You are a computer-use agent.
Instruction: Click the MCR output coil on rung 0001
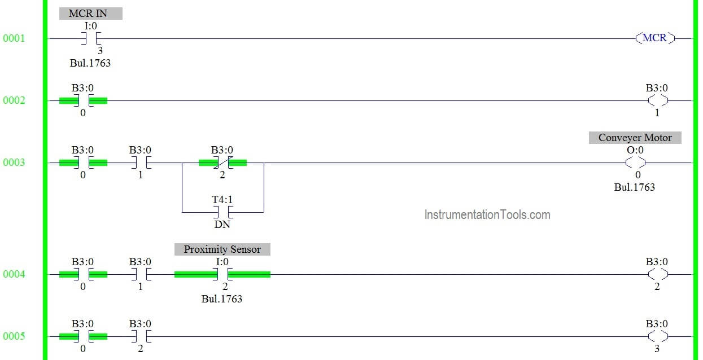(654, 38)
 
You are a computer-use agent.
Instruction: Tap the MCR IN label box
(91, 14)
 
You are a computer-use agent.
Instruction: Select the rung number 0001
(14, 38)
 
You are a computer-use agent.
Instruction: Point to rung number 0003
(14, 163)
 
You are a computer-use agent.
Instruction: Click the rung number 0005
(14, 336)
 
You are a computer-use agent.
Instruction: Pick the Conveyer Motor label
(635, 138)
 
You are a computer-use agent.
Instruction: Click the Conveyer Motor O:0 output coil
(635, 163)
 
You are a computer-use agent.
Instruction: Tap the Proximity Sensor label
(222, 249)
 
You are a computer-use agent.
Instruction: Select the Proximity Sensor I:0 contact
(222, 274)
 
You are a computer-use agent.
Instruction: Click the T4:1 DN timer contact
(222, 212)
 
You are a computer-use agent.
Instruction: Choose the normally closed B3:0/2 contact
(222, 163)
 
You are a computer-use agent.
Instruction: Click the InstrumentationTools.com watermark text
(487, 215)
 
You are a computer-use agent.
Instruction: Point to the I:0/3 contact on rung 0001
(91, 38)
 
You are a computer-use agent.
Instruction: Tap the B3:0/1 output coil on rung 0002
(658, 100)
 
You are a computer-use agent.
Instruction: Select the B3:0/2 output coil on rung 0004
(658, 274)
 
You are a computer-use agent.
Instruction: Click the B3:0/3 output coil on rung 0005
(658, 336)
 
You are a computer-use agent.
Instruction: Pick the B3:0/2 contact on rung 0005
(141, 336)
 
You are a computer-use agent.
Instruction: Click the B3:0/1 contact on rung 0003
(141, 163)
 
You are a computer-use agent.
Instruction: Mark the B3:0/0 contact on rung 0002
(83, 100)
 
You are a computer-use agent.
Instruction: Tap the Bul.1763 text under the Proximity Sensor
(221, 299)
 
